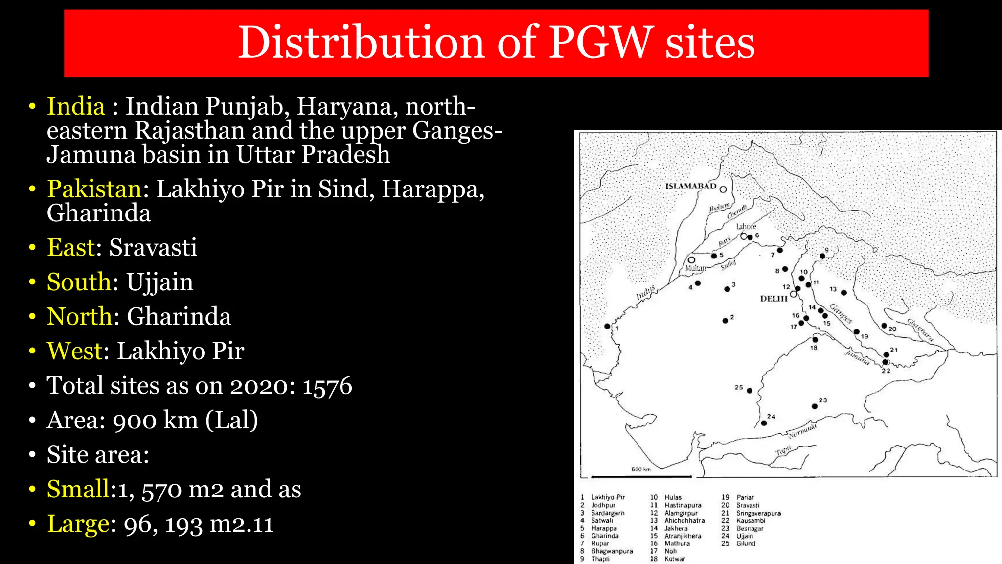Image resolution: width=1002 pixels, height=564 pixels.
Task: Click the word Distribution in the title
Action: click(362, 43)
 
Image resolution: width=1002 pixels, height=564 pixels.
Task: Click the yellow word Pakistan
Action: click(94, 189)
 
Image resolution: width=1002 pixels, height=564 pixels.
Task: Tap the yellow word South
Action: click(79, 282)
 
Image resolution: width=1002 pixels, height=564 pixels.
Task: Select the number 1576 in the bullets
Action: click(327, 386)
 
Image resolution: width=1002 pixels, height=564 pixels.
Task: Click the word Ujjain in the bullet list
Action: click(159, 282)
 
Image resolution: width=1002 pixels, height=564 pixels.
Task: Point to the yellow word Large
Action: click(78, 524)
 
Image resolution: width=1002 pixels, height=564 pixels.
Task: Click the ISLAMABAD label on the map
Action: click(690, 186)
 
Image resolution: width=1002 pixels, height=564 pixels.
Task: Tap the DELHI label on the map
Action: click(774, 298)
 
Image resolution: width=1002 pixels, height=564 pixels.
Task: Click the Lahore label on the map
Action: click(746, 226)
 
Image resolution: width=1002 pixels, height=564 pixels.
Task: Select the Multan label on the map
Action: click(695, 268)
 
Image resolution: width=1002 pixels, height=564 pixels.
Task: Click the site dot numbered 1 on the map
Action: click(607, 326)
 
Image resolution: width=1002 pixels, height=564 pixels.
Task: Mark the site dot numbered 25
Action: click(749, 391)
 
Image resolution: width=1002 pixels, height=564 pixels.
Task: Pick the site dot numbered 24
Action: click(764, 423)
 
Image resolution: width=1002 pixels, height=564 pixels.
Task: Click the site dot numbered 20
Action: click(884, 326)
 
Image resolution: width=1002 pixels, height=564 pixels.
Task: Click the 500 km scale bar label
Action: click(641, 469)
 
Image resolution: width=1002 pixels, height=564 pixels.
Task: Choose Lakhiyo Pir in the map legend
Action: click(608, 497)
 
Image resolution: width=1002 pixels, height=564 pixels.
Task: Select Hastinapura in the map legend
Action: click(683, 505)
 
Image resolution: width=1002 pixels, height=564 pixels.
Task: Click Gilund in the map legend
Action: click(746, 543)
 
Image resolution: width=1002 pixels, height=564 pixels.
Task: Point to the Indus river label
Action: click(645, 293)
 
